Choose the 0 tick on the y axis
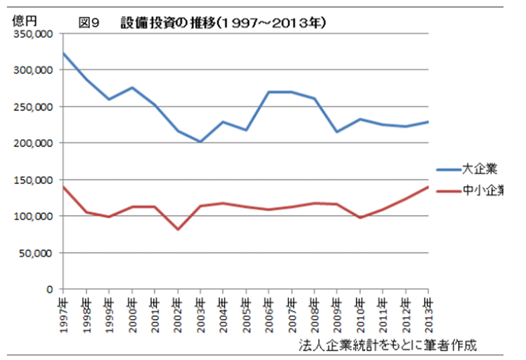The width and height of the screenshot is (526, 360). pyautogui.click(x=50, y=289)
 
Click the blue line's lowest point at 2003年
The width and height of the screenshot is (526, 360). pyautogui.click(x=201, y=142)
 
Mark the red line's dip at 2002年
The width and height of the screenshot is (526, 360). pyautogui.click(x=178, y=229)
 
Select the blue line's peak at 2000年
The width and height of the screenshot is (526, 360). pyautogui.click(x=132, y=88)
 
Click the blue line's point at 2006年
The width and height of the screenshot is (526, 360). pyautogui.click(x=269, y=92)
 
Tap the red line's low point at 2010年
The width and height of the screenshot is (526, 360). pyautogui.click(x=360, y=218)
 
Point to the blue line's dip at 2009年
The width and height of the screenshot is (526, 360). pyautogui.click(x=337, y=132)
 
